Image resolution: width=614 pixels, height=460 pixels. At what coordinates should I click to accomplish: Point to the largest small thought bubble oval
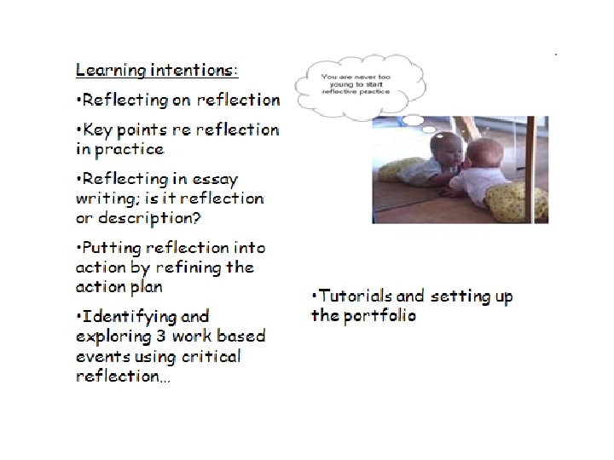pos(412,120)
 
